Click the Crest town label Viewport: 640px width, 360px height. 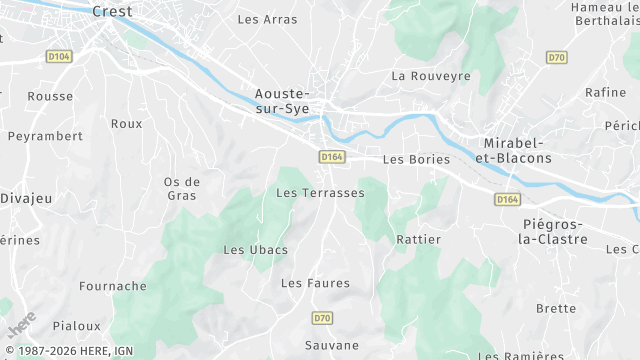(111, 12)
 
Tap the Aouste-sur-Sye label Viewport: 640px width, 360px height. (281, 100)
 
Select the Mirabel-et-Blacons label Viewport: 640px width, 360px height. (517, 150)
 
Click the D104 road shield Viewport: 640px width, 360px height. (60, 57)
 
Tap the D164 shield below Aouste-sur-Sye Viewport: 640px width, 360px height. (332, 157)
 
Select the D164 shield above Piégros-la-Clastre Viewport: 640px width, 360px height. (507, 200)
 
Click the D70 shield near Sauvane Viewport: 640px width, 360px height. (321, 318)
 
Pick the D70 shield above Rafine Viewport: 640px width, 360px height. (557, 57)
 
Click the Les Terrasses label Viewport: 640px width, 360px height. (320, 192)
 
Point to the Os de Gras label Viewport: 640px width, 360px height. (182, 188)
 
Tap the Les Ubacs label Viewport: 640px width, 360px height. (255, 249)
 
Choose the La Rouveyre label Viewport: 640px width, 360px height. (431, 75)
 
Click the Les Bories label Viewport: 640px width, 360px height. (416, 159)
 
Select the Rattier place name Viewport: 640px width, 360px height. (418, 240)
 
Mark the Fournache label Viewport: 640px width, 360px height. (113, 286)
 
